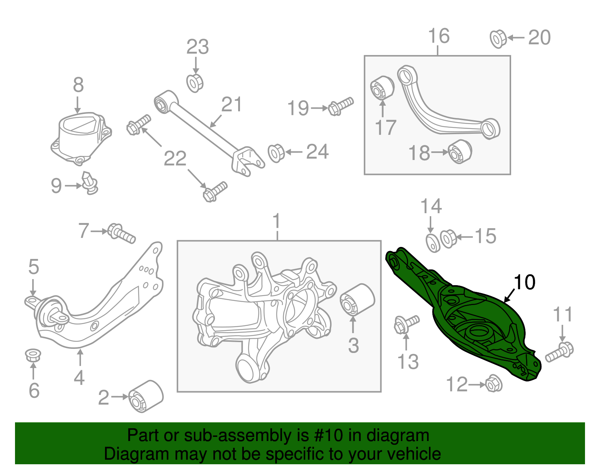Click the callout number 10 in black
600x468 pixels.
click(x=524, y=282)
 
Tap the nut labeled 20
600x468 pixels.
click(x=498, y=38)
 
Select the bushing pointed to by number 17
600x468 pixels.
click(x=382, y=88)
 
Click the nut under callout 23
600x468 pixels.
click(x=195, y=83)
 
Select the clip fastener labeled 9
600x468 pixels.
click(x=90, y=183)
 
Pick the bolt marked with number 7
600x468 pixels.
click(x=121, y=233)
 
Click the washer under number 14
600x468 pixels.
click(x=433, y=242)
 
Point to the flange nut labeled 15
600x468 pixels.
click(x=448, y=238)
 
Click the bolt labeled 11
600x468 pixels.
click(x=559, y=352)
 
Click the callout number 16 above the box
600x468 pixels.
click(x=438, y=36)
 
